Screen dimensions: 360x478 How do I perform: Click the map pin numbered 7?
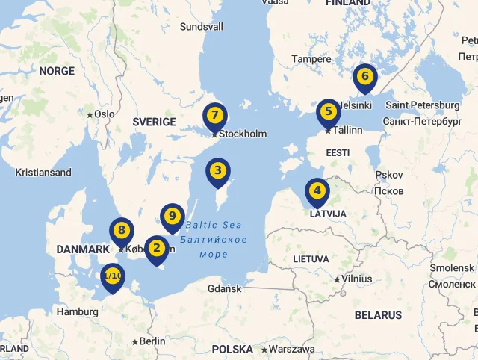click(x=214, y=116)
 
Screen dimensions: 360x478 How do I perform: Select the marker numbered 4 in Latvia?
click(x=317, y=190)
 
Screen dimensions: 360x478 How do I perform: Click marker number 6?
click(x=364, y=76)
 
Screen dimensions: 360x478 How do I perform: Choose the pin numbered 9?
click(x=172, y=217)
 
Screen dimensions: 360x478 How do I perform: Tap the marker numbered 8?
click(x=121, y=230)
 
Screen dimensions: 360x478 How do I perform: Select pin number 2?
click(x=156, y=248)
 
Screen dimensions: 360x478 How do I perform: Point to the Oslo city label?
click(x=104, y=114)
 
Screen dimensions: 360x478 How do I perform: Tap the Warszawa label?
click(x=291, y=349)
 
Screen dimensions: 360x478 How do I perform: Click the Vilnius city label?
click(x=356, y=279)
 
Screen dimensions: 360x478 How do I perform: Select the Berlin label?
click(x=151, y=341)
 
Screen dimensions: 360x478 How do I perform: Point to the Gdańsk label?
click(x=224, y=288)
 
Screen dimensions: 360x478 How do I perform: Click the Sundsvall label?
click(x=202, y=27)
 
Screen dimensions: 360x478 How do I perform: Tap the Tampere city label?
click(x=311, y=59)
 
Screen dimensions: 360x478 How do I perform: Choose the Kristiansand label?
click(x=43, y=173)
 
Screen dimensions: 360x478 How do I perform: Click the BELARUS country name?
click(x=378, y=315)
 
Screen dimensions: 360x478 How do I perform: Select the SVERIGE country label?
click(x=154, y=122)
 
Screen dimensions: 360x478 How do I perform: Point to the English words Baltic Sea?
click(x=214, y=225)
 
